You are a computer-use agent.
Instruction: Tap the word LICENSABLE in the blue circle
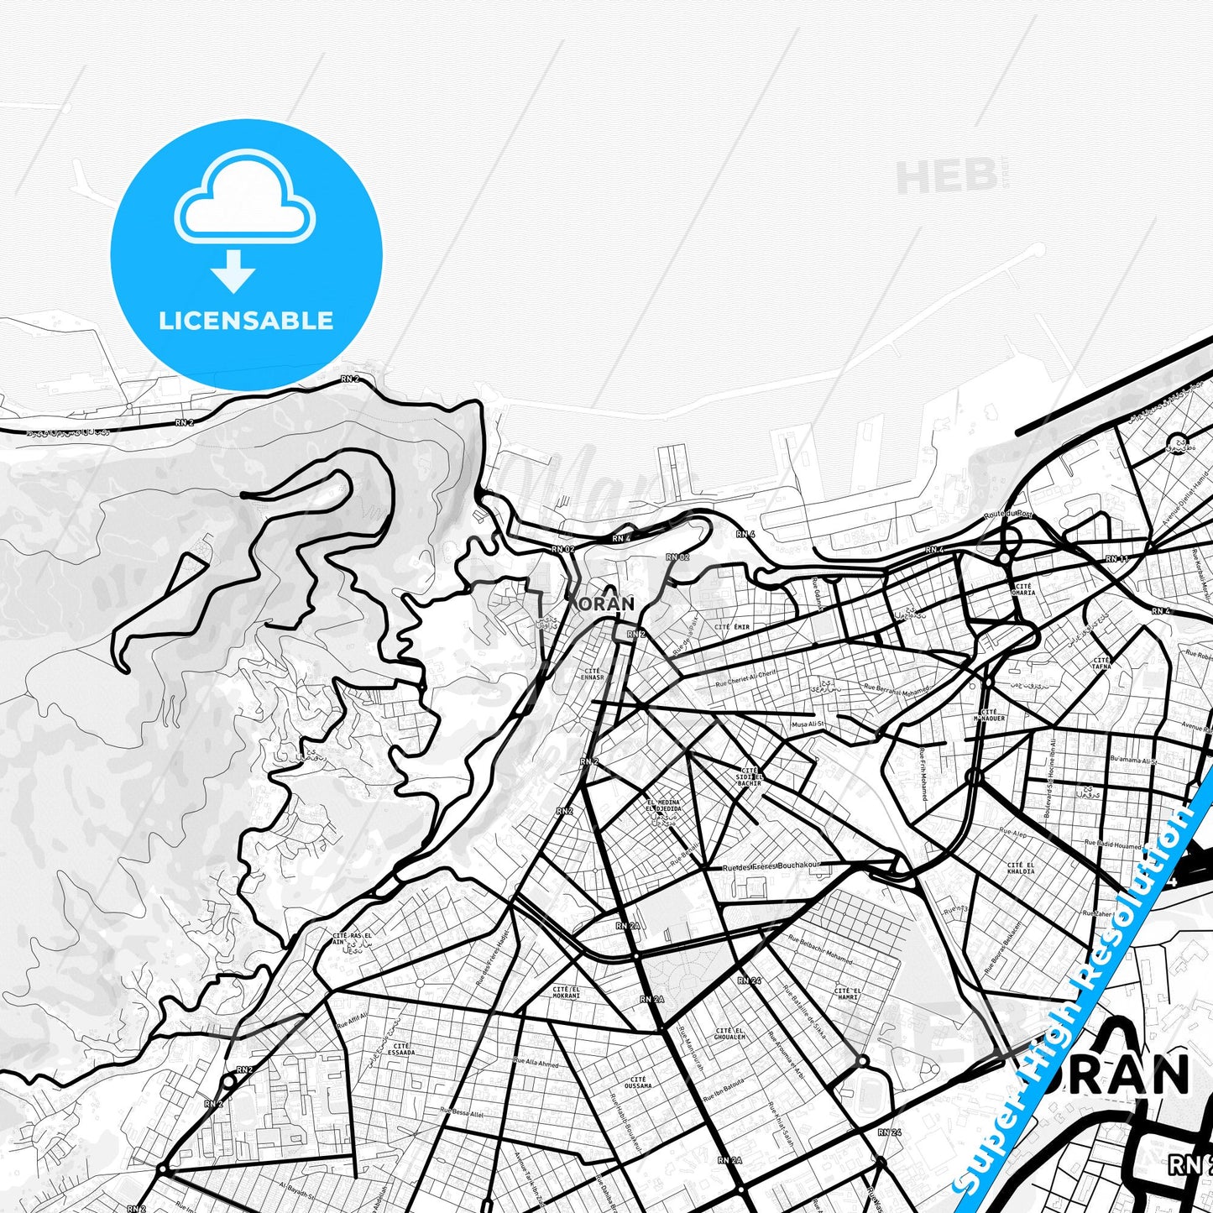pos(246,320)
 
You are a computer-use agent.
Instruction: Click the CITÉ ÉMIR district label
pos(731,627)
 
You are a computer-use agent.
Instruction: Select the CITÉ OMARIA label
pos(1024,589)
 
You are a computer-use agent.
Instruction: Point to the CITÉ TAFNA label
pos(1101,663)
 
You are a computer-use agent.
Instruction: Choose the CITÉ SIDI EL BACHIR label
pos(750,776)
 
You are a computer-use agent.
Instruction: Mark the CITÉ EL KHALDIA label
pos(1021,868)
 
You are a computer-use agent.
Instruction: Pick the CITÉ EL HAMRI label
pos(846,994)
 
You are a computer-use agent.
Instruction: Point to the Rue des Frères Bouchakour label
pos(771,865)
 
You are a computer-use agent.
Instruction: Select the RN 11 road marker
pos(1116,558)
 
